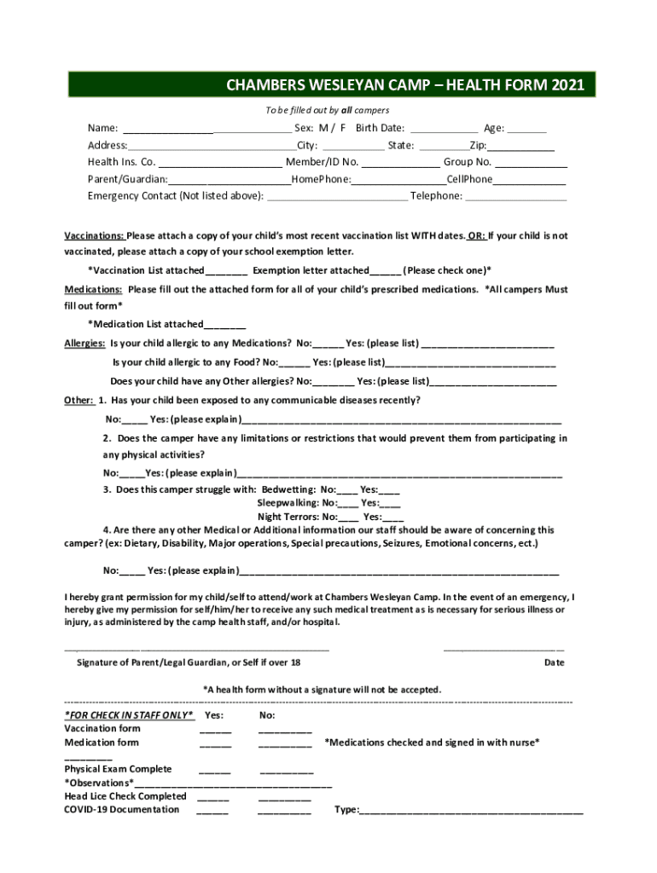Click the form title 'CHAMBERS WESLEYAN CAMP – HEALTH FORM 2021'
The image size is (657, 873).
tap(405, 85)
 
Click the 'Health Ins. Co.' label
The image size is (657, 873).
tap(121, 162)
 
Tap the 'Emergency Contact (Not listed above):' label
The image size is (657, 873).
tap(176, 196)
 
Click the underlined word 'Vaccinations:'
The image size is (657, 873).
tap(94, 236)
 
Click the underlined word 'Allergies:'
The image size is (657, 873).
tap(85, 344)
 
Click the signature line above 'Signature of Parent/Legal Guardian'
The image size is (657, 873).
tap(196, 650)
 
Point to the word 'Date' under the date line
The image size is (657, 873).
tap(554, 662)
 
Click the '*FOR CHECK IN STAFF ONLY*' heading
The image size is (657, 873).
tap(129, 715)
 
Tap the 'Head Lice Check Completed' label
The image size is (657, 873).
tap(125, 796)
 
